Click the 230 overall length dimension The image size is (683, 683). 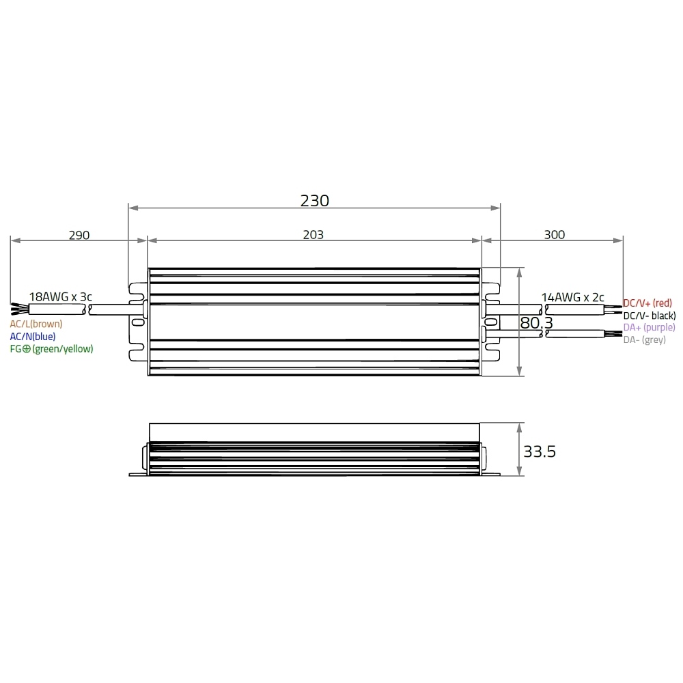click(x=314, y=201)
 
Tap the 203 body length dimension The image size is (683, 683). click(x=313, y=235)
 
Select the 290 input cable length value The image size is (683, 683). click(x=79, y=235)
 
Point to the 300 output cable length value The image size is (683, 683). click(x=555, y=235)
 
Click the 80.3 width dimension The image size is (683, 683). click(x=536, y=323)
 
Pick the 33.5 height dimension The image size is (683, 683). click(x=540, y=451)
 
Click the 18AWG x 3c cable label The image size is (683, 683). click(x=61, y=296)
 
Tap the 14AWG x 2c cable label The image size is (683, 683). click(x=572, y=297)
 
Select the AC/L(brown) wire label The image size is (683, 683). click(x=36, y=324)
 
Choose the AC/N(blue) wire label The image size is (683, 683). click(x=33, y=336)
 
